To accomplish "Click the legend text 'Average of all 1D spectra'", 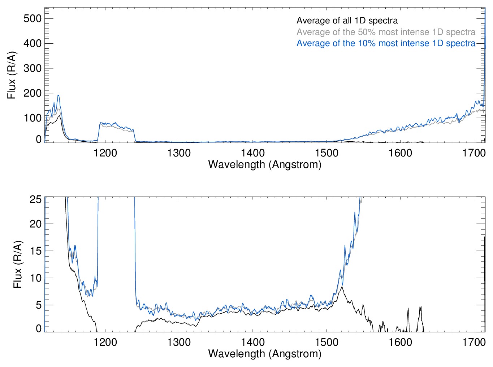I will click(x=347, y=21).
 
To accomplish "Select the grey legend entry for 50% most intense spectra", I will click(x=386, y=32).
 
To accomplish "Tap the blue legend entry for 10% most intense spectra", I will click(x=386, y=43).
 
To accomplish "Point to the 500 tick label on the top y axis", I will click(x=33, y=18).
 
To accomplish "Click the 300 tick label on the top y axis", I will click(x=33, y=68).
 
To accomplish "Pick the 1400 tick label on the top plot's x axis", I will click(x=253, y=153).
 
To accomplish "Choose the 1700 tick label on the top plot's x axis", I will click(x=474, y=153).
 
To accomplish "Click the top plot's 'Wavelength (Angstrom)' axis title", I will click(x=265, y=164).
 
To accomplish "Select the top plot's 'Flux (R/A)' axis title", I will click(x=12, y=75).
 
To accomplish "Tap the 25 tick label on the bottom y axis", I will click(x=36, y=199).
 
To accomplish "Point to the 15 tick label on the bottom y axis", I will click(x=36, y=251).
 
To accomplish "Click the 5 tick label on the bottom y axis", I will click(x=39, y=305).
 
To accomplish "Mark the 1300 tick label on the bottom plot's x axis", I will click(x=179, y=342).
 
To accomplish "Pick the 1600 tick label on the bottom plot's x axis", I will click(x=400, y=342).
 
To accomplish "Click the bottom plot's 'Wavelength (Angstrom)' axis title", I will click(x=265, y=353).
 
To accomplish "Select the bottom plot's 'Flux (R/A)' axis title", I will click(x=18, y=264).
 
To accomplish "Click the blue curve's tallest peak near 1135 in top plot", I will click(x=58, y=96).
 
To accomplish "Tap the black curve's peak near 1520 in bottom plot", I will click(x=342, y=287).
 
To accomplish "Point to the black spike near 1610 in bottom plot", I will click(x=408, y=309).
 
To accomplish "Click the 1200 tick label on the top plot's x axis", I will click(x=105, y=153).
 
